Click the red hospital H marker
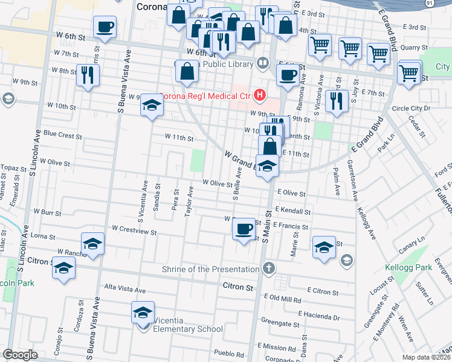click(260, 95)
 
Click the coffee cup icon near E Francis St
click(244, 229)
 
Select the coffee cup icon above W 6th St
click(105, 27)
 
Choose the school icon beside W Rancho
click(92, 244)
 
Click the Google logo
click(21, 355)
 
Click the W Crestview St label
click(134, 230)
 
